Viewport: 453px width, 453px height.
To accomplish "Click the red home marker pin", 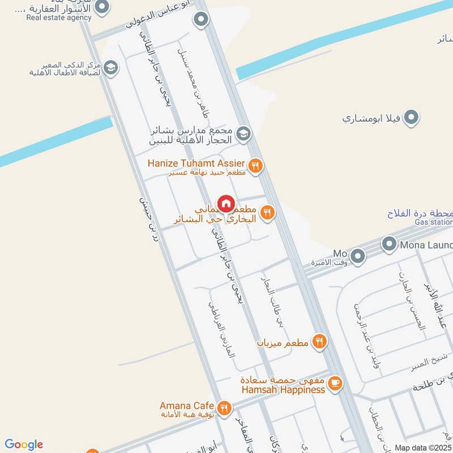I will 225,203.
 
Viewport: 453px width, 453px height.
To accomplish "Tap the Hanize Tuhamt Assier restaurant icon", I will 255,165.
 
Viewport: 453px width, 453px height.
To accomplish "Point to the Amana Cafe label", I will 186,406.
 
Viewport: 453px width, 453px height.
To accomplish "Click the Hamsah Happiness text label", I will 282,390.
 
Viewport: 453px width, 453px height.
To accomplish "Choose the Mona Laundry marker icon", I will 388,245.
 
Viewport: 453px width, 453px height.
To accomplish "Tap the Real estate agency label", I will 58,18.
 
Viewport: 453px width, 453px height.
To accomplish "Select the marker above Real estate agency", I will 102,6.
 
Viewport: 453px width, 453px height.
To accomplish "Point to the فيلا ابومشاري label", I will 371,119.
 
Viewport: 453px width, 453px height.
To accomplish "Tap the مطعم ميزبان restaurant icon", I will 319,341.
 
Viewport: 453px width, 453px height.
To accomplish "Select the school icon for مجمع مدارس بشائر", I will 243,134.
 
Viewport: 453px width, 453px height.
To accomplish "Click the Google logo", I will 24,445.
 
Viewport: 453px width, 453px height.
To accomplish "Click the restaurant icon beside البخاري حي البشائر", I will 268,212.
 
